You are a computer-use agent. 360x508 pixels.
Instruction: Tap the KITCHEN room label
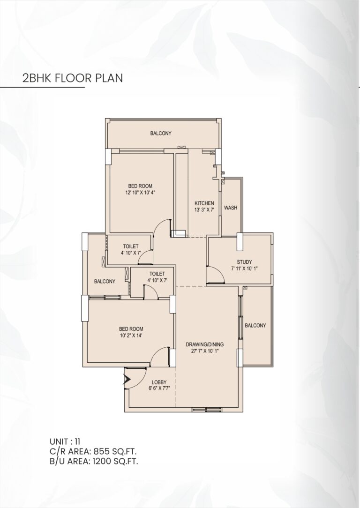[204, 203]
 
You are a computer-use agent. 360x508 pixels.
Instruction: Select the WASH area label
[230, 208]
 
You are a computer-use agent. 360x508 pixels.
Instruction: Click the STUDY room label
[244, 262]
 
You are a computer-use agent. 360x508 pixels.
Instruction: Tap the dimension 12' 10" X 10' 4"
[140, 192]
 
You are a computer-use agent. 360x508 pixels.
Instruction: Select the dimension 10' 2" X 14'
[131, 335]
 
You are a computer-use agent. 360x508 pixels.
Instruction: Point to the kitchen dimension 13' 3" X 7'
[204, 209]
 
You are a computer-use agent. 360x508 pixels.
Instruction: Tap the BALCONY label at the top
[161, 134]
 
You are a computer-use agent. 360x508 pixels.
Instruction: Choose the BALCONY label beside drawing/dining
[255, 325]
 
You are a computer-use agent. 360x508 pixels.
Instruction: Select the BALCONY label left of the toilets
[105, 281]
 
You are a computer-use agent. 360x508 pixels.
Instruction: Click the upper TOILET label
[130, 246]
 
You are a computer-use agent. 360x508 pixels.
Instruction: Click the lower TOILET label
[157, 274]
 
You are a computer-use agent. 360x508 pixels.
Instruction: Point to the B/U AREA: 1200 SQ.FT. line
[94, 461]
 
